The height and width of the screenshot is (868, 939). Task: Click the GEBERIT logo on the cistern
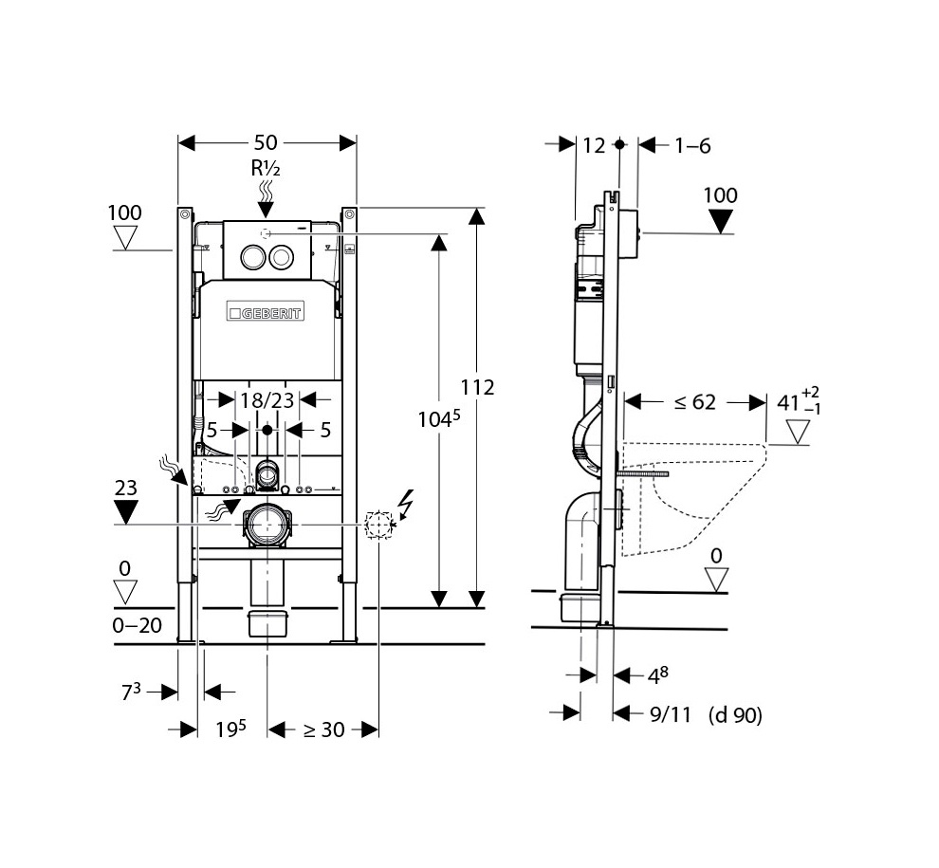tap(265, 312)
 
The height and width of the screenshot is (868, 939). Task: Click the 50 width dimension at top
tap(266, 142)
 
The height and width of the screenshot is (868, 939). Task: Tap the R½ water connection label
tap(266, 168)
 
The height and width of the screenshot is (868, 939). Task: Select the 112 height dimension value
tap(477, 388)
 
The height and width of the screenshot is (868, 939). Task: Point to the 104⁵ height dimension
tap(439, 418)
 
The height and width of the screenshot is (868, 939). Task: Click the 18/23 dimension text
tap(267, 400)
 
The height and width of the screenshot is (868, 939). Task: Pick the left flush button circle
tap(252, 257)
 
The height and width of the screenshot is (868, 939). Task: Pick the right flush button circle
tap(281, 257)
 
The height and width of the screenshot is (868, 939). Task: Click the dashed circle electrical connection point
tap(379, 525)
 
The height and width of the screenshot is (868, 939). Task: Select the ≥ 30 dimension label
tap(323, 729)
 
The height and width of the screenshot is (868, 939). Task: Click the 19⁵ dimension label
tap(230, 729)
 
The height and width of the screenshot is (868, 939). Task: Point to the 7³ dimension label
tap(131, 692)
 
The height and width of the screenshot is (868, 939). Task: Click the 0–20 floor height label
tap(138, 625)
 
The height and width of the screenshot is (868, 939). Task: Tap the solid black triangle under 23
tap(126, 513)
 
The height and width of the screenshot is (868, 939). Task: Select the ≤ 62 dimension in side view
tap(694, 402)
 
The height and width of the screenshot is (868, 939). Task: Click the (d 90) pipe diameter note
tap(735, 714)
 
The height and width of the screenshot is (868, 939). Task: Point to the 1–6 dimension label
tap(693, 145)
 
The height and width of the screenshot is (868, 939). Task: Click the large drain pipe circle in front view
tap(267, 526)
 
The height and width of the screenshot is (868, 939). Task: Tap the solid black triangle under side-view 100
tap(721, 221)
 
